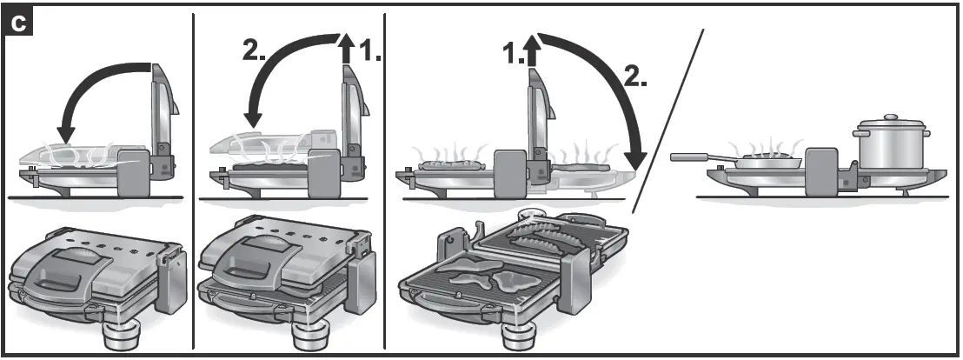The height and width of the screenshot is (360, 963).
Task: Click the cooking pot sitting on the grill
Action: tap(890, 148)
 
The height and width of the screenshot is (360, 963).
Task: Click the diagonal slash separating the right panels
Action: tap(667, 122)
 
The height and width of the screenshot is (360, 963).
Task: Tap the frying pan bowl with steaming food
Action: tap(766, 162)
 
